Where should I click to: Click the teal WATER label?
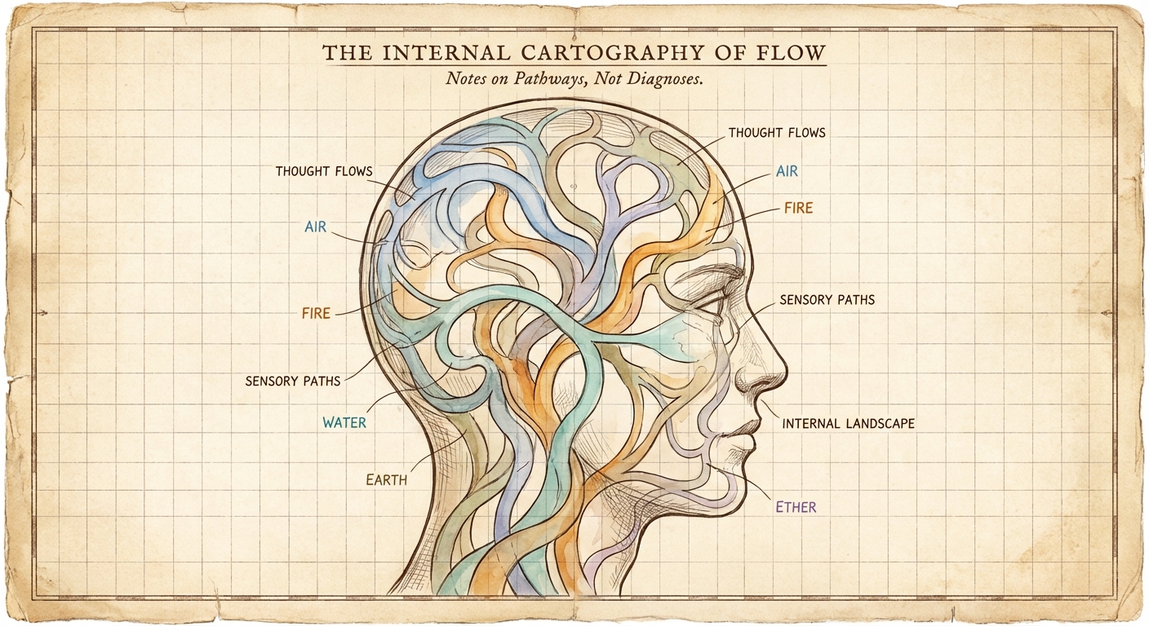point(344,423)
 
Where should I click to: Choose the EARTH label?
point(386,480)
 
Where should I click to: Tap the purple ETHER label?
point(796,507)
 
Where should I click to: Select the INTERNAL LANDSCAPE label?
point(848,424)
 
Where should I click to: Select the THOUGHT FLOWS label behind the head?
point(323,171)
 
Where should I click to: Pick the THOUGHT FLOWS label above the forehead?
point(776,132)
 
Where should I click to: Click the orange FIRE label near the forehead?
point(798,208)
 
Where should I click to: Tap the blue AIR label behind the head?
point(315,227)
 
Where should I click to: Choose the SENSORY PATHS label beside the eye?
point(827,300)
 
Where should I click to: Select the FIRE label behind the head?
point(316,312)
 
